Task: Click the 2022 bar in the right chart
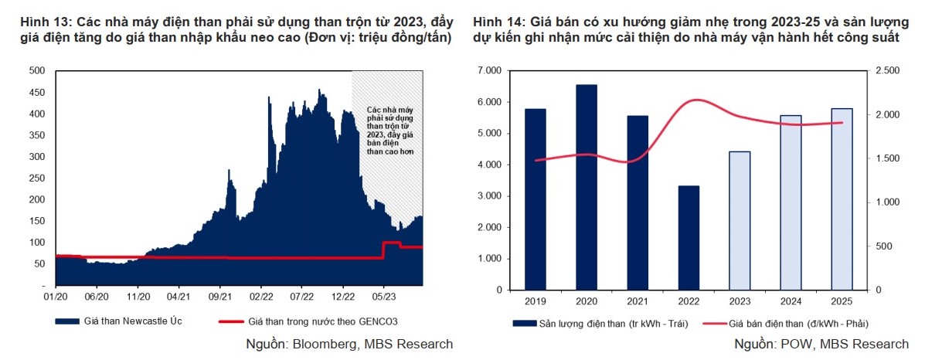[689, 238]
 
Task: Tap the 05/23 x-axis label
[384, 295]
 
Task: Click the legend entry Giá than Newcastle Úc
[123, 321]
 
